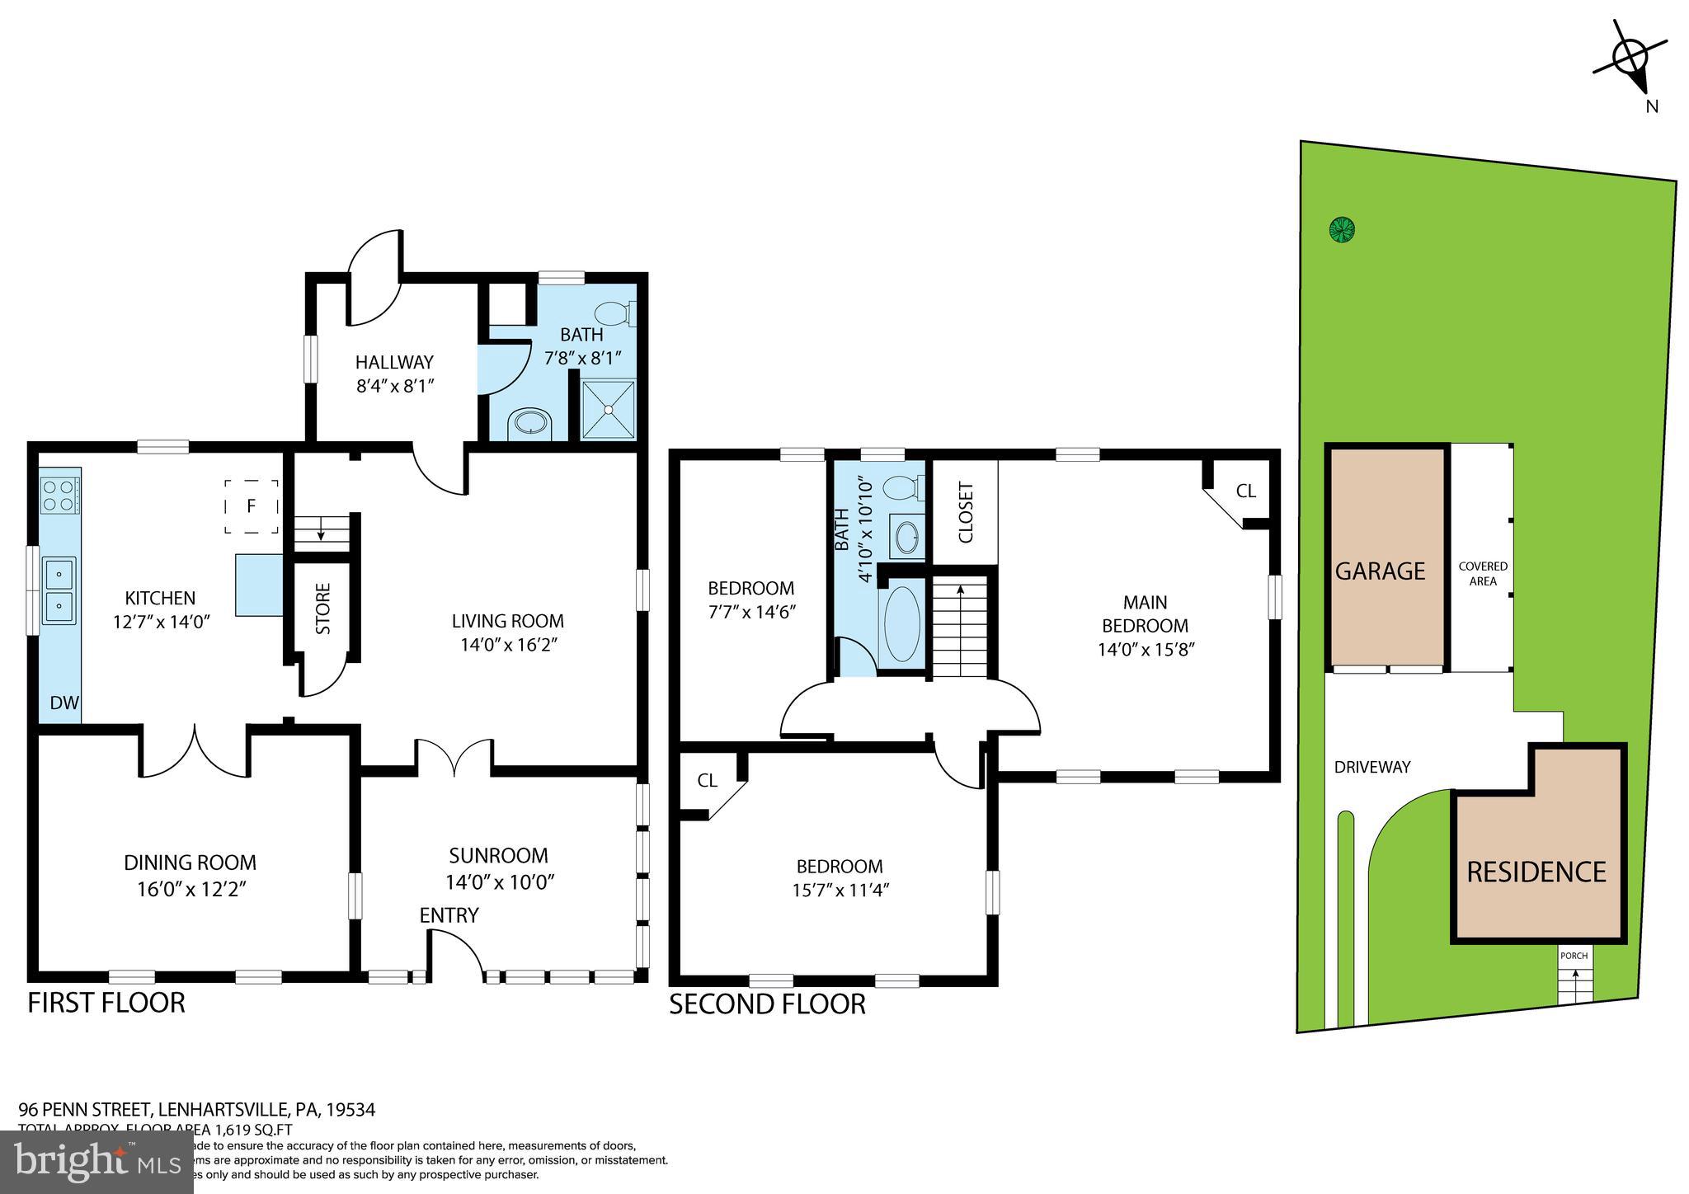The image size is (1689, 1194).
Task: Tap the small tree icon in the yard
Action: (1343, 229)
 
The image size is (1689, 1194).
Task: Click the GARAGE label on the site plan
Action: (1380, 571)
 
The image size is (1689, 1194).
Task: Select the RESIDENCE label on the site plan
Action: (1536, 872)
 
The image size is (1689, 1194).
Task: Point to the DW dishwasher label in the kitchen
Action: (64, 703)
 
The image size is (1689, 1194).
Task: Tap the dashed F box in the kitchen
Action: (252, 506)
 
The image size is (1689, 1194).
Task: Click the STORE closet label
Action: (323, 609)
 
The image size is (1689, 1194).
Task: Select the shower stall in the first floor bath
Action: (609, 409)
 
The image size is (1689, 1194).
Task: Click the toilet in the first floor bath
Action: (614, 313)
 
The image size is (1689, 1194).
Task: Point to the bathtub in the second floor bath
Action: (901, 623)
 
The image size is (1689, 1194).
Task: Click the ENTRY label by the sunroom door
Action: (449, 915)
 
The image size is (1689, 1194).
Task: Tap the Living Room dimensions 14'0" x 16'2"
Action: (509, 645)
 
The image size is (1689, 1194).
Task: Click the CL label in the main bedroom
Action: (1245, 491)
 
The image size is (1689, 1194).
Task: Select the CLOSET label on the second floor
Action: (967, 512)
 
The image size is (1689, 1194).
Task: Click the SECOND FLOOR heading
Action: (767, 1004)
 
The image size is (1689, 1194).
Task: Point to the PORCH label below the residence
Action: (1574, 957)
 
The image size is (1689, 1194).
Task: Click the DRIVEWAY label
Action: (1372, 767)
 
